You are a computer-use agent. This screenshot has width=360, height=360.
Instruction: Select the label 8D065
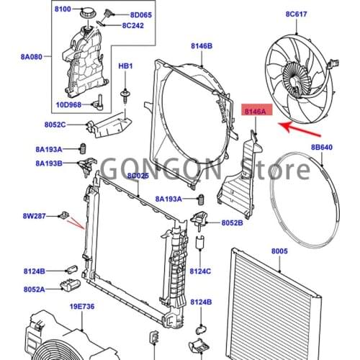pyautogui.click(x=142, y=13)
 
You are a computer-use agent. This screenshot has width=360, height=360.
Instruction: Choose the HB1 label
pyautogui.click(x=126, y=66)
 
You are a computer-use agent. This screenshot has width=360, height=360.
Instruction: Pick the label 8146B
pyautogui.click(x=202, y=46)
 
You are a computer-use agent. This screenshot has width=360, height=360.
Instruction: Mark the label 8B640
pyautogui.click(x=322, y=148)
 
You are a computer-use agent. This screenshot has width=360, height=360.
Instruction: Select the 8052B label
pyautogui.click(x=232, y=223)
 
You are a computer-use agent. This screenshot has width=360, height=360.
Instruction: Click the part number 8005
pyautogui.click(x=279, y=251)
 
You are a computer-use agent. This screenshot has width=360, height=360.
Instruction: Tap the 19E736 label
pyautogui.click(x=82, y=307)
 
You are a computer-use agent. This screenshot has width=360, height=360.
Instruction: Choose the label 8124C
pyautogui.click(x=201, y=271)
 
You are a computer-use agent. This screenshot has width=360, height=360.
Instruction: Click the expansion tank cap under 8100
pyautogui.click(x=89, y=16)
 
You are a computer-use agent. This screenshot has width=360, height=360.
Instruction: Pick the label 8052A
pyautogui.click(x=33, y=289)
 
